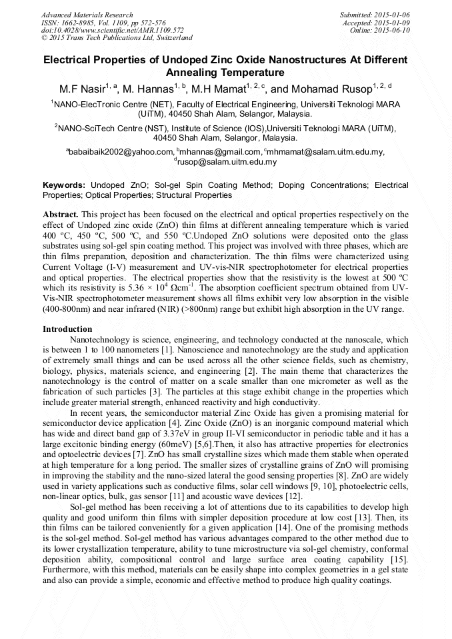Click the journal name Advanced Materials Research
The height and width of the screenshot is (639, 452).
pyautogui.click(x=87, y=15)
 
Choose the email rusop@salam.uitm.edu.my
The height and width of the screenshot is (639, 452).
pyautogui.click(x=227, y=162)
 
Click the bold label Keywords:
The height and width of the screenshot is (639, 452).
pyautogui.click(x=64, y=185)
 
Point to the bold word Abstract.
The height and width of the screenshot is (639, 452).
pyautogui.click(x=61, y=215)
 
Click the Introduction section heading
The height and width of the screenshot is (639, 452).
pyautogui.click(x=67, y=329)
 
